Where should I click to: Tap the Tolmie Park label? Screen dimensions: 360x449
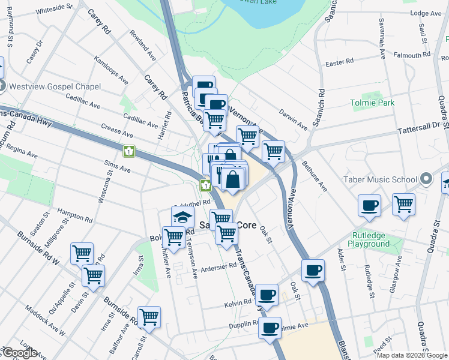click(x=372, y=103)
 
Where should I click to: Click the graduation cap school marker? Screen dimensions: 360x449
click(x=182, y=217)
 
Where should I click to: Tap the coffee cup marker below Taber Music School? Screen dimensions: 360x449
click(x=369, y=205)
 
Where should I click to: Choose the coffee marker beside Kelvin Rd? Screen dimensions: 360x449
click(x=268, y=295)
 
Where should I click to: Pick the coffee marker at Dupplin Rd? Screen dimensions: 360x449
click(x=270, y=328)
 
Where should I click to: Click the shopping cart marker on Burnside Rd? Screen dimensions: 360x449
click(x=148, y=317)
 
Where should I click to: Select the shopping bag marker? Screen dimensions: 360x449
click(x=233, y=179)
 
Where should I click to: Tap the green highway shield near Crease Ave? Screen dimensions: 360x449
click(x=128, y=151)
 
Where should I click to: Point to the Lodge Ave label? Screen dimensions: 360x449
click(x=426, y=13)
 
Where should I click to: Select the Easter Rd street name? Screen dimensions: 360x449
click(x=340, y=63)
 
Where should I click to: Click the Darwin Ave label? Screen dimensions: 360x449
click(x=294, y=119)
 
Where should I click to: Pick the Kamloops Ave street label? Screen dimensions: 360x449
click(x=112, y=70)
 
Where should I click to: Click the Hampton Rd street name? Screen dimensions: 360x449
click(x=73, y=212)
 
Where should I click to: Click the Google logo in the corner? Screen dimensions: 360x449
click(x=19, y=353)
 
